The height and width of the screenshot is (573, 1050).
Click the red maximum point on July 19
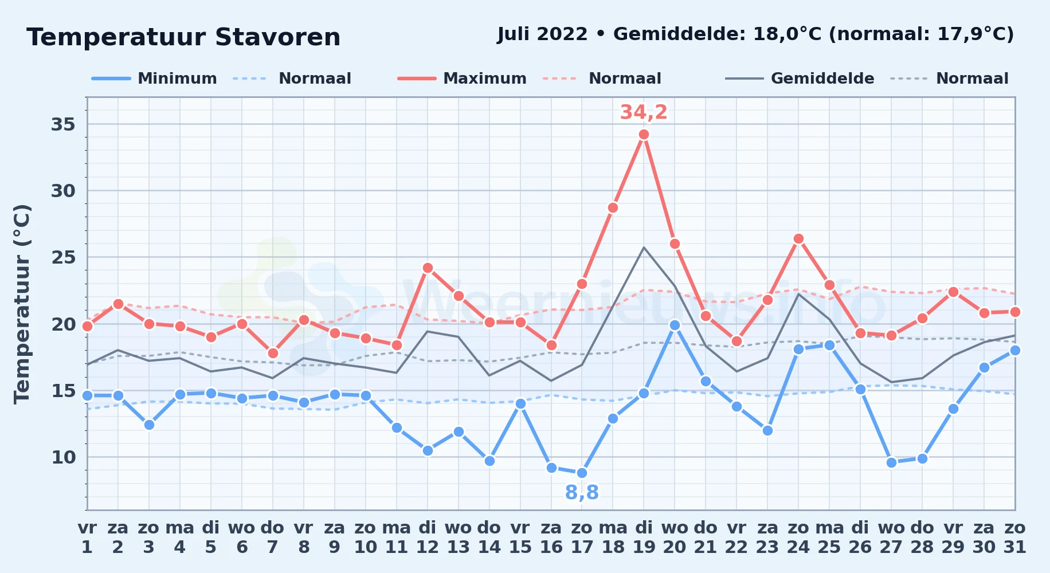pos(644,135)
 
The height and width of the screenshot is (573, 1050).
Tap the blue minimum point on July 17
pos(582,473)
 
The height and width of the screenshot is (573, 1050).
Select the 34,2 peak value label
pos(644,112)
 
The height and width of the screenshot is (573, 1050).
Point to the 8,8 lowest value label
pos(582,492)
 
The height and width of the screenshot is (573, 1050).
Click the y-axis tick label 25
pos(63,257)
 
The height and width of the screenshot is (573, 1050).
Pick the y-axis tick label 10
pos(63,457)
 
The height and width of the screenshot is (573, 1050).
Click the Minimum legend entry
pos(154,79)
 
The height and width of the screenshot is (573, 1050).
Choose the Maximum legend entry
pos(462,79)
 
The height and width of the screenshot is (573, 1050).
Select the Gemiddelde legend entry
pos(800,79)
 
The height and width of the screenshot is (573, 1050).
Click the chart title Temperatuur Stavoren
pos(183,37)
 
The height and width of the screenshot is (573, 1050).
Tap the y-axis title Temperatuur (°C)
pos(22,304)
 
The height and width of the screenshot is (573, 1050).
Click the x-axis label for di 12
pos(427,537)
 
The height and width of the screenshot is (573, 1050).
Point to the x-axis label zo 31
pos(1014,537)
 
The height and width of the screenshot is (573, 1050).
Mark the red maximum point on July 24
pos(798,239)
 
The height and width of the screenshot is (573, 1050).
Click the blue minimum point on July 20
pos(675,325)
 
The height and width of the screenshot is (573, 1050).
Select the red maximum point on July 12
pos(427,268)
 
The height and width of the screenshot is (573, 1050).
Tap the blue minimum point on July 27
pos(891,462)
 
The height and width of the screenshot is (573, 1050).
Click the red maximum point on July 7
pos(273,353)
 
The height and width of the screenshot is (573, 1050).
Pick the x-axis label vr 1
pos(87,537)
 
